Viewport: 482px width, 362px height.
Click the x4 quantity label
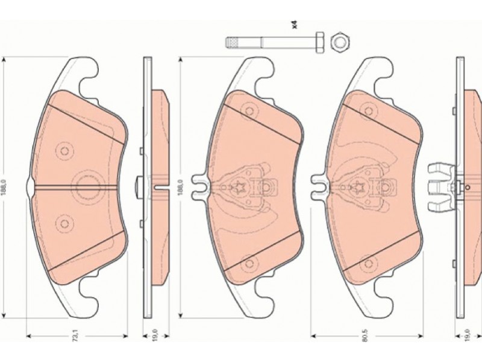pos(295,25)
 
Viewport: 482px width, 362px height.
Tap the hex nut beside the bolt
pos(340,42)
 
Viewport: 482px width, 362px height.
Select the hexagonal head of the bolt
pos(320,42)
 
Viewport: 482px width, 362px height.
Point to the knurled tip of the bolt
pos(233,42)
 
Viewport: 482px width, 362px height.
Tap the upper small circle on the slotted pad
pos(64,151)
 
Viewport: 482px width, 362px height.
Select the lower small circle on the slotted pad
pos(64,223)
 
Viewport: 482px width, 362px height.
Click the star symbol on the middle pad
pos(239,186)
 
